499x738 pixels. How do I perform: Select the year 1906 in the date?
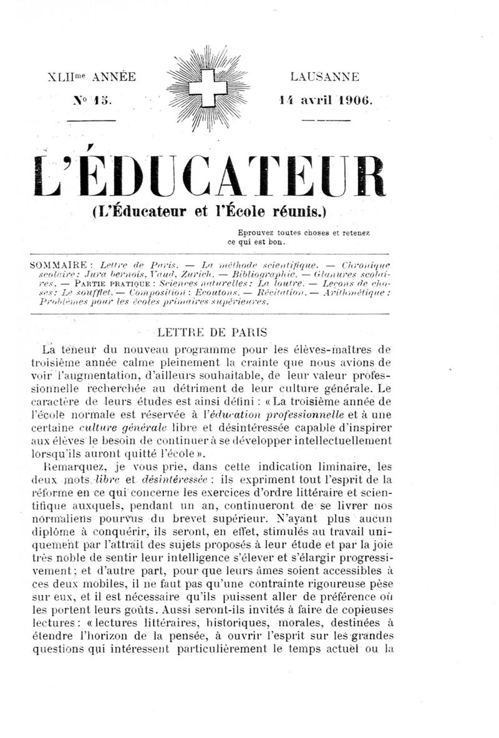click(354, 99)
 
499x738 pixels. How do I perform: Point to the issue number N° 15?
click(91, 99)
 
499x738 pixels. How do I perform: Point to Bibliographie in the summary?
click(264, 274)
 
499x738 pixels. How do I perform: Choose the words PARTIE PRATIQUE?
click(105, 283)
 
